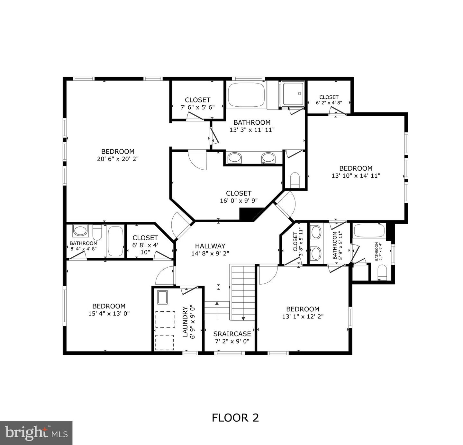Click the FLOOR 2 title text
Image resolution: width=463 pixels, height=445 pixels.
[x=235, y=418]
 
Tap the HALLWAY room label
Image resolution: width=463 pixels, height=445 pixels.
[x=210, y=246]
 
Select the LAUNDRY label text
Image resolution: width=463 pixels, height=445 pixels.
[x=185, y=322]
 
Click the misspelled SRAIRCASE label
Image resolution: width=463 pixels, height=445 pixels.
[x=232, y=334]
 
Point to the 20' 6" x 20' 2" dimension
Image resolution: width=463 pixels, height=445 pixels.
[x=118, y=159]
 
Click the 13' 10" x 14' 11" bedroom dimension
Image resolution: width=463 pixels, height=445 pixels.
[x=356, y=176]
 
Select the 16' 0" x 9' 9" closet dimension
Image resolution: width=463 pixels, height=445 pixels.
[x=238, y=201]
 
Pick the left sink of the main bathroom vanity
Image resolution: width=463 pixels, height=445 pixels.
[x=234, y=158]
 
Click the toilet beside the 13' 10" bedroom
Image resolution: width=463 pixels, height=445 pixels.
[x=295, y=180]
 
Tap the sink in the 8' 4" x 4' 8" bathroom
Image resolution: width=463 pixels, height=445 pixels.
[x=80, y=231]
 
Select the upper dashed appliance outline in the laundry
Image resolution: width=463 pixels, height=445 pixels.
[x=165, y=319]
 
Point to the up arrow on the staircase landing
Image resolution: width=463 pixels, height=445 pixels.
[x=217, y=303]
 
